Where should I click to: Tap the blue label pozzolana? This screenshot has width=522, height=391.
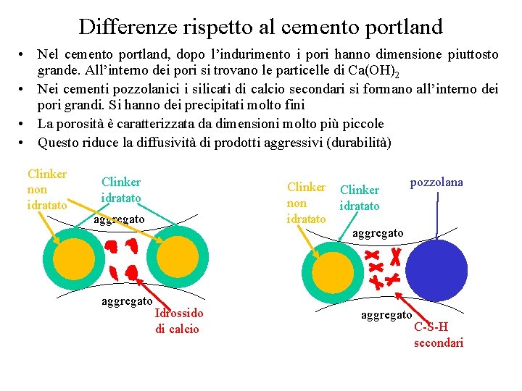436,182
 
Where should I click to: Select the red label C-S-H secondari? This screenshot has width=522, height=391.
438,335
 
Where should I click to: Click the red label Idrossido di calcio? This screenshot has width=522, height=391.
179,321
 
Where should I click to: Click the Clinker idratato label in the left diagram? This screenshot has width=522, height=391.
121,190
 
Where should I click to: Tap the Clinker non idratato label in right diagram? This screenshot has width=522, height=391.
306,203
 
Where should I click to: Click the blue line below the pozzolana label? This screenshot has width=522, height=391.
437,214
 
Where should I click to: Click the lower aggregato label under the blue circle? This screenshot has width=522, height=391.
386,315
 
